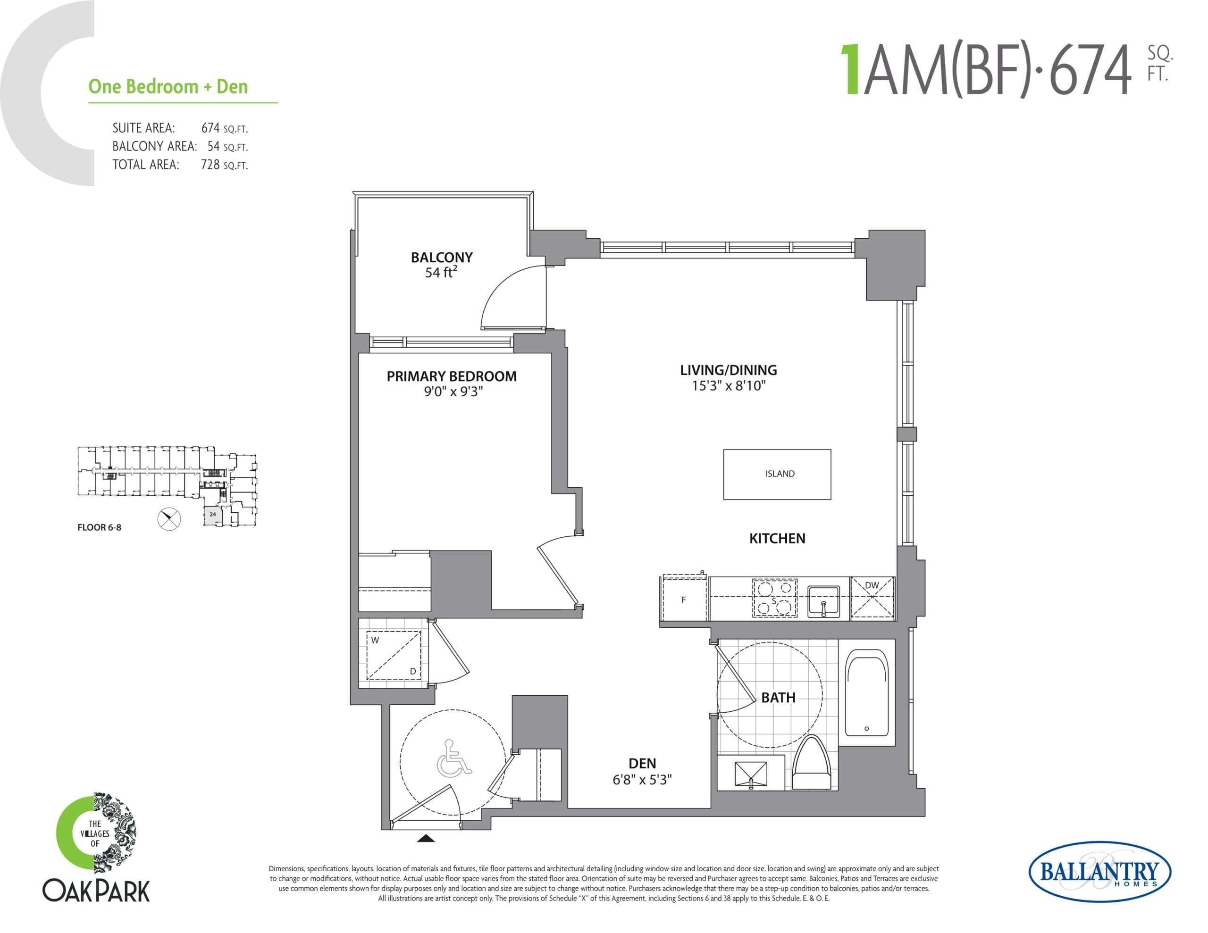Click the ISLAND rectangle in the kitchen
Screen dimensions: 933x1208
777,474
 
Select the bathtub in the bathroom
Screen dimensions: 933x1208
867,693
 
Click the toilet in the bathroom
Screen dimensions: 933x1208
812,766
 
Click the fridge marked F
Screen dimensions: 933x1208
685,599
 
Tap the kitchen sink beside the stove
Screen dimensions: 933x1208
823,602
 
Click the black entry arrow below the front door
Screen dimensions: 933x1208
425,839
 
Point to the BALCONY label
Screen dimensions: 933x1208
441,257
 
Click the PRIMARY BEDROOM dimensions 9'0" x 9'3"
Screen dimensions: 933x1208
453,392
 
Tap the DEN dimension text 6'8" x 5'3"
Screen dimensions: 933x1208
642,780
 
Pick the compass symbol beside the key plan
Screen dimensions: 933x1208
169,519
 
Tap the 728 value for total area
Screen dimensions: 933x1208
210,165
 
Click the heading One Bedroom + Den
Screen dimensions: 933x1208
168,87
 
